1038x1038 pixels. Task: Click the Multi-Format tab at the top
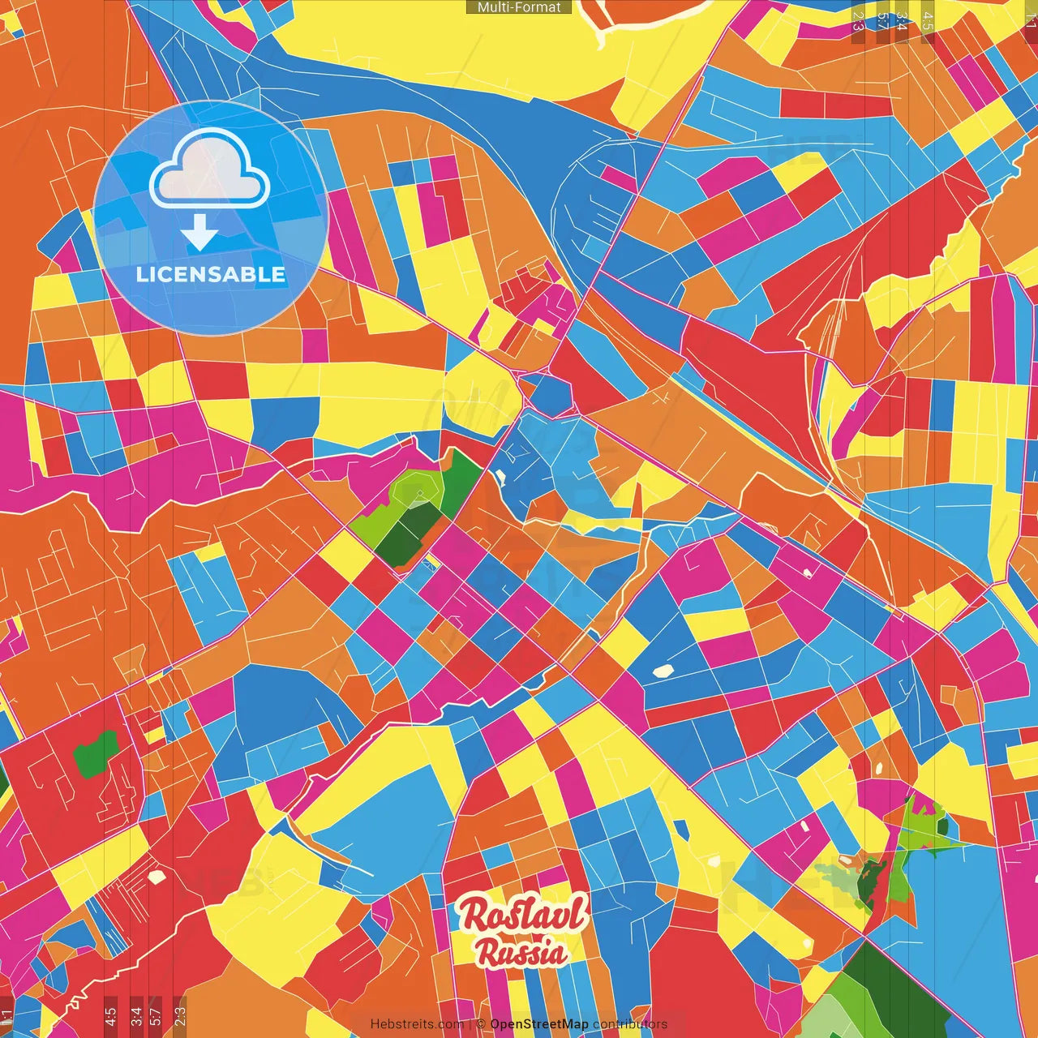(519, 7)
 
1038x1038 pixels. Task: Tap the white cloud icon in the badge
(210, 169)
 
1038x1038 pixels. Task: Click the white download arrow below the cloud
(199, 233)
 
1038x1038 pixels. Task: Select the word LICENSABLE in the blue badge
(211, 274)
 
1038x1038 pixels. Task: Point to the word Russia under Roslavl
(521, 952)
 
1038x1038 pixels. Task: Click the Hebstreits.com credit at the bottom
(417, 1024)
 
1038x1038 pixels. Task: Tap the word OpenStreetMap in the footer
(539, 1024)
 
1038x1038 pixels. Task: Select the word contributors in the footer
(630, 1024)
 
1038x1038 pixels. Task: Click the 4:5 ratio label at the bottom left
(110, 1015)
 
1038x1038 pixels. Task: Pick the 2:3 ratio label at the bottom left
(180, 1015)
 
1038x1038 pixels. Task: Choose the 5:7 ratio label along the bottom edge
(156, 1015)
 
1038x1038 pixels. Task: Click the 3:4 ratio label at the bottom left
(136, 1015)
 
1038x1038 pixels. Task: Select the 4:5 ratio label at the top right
(928, 22)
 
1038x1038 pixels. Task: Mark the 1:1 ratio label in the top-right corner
(1031, 19)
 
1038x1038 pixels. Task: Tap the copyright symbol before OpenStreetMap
(481, 1024)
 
